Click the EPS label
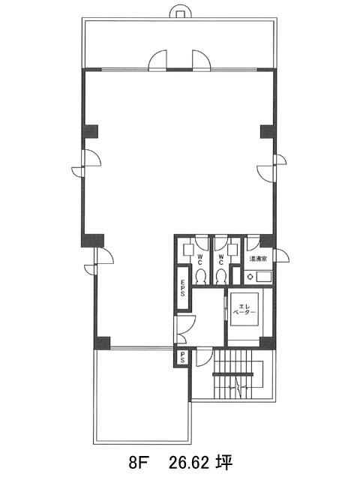coord(182,288)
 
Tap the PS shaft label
coord(182,357)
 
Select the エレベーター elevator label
coord(244,309)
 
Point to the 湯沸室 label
coord(258,259)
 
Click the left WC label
coord(199,259)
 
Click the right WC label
coord(221,259)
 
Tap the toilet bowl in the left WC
coord(201,277)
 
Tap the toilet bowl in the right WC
coord(221,277)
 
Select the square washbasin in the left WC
coord(188,250)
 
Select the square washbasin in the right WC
coord(233,250)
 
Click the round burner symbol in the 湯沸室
coord(250,277)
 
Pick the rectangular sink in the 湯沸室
coord(263,277)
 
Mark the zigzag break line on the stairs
coord(238,387)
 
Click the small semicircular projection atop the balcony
coord(181,13)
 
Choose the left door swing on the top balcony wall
coord(157,60)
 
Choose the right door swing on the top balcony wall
coord(202,60)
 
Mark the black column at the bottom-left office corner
coord(102,343)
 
